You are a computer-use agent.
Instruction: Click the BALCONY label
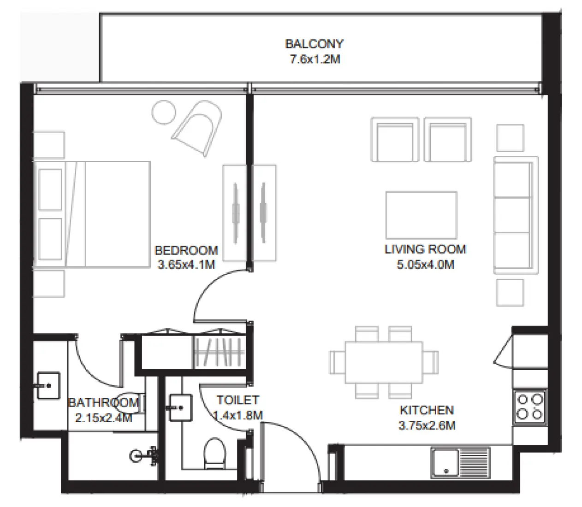tap(314, 44)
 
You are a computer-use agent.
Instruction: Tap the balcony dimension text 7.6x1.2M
tap(315, 59)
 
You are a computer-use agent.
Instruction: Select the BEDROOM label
tap(186, 251)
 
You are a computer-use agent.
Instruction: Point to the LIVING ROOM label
tap(425, 249)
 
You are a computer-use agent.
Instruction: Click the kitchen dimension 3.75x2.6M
tap(427, 425)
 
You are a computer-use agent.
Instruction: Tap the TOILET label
tap(238, 400)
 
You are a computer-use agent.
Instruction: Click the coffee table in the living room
tap(422, 215)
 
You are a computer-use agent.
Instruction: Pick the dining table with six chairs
tap(384, 362)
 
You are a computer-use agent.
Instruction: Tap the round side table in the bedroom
tap(164, 113)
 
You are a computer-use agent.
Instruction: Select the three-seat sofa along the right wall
tap(516, 216)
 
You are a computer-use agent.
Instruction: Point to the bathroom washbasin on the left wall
tap(48, 385)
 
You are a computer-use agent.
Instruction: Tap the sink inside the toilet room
tap(180, 407)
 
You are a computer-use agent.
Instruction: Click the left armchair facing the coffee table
tap(395, 139)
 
